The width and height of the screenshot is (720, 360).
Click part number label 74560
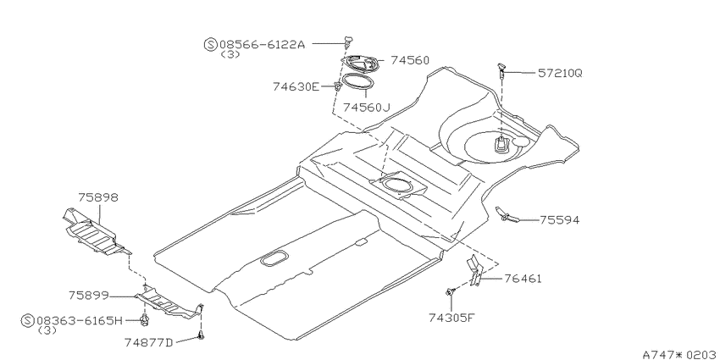pyautogui.click(x=410, y=61)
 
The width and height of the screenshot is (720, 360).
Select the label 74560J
pyautogui.click(x=366, y=108)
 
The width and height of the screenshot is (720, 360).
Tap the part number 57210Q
pyautogui.click(x=560, y=73)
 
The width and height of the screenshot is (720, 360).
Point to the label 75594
pyautogui.click(x=559, y=220)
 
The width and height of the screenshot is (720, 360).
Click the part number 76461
pyautogui.click(x=523, y=279)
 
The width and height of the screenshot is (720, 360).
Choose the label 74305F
pyautogui.click(x=451, y=318)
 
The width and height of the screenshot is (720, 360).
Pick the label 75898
pyautogui.click(x=97, y=197)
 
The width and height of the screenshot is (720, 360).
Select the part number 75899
pyautogui.click(x=89, y=296)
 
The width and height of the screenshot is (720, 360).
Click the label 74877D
pyautogui.click(x=148, y=342)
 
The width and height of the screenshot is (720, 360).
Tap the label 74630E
pyautogui.click(x=296, y=86)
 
